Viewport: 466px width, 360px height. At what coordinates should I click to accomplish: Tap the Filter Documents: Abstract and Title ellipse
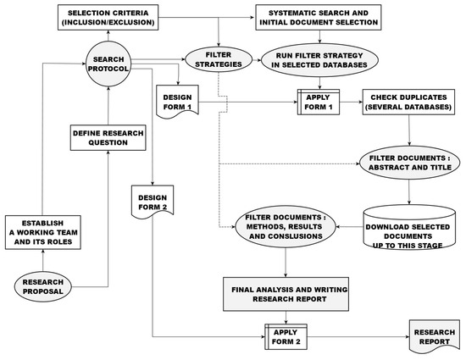click(411, 161)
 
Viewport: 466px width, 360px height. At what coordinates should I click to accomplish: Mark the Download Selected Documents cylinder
click(410, 229)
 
